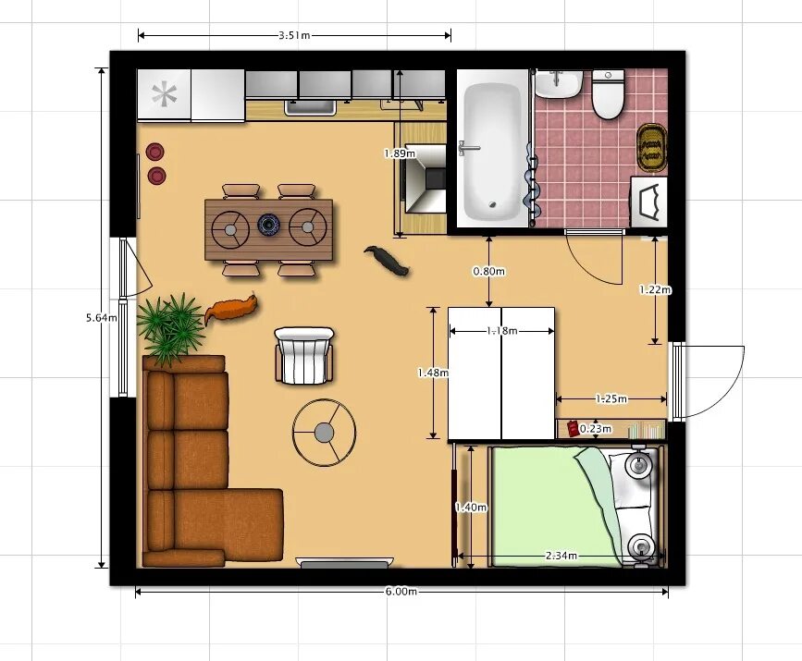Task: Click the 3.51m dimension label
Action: click(294, 35)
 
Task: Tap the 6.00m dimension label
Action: click(401, 592)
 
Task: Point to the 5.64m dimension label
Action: click(101, 317)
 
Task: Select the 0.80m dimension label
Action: click(489, 271)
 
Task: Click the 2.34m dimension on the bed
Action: click(561, 556)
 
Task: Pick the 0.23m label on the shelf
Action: click(596, 428)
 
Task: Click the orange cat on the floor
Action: click(231, 309)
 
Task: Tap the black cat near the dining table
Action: click(387, 260)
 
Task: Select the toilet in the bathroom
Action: click(608, 94)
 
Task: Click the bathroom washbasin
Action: click(559, 84)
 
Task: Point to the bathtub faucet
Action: click(467, 148)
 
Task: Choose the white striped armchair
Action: click(304, 356)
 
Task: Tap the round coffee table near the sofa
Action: click(324, 433)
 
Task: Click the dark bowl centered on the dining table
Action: click(268, 224)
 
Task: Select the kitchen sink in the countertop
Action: click(311, 108)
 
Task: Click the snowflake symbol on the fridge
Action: click(164, 94)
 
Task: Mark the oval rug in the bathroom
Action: click(651, 147)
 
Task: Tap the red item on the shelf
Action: click(573, 428)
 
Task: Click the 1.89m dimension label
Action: click(400, 153)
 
